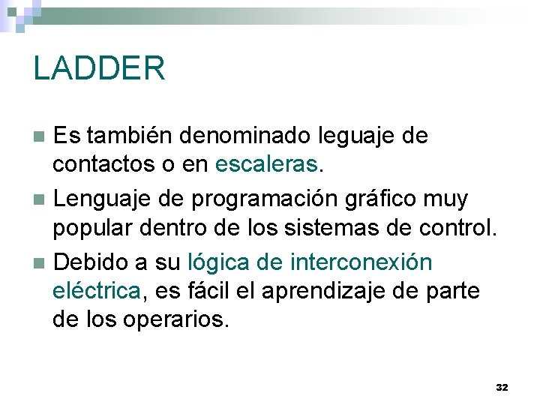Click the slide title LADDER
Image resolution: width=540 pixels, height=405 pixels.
(x=99, y=68)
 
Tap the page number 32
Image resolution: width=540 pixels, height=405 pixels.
(x=502, y=387)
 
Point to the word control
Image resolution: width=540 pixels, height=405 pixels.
(x=463, y=226)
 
